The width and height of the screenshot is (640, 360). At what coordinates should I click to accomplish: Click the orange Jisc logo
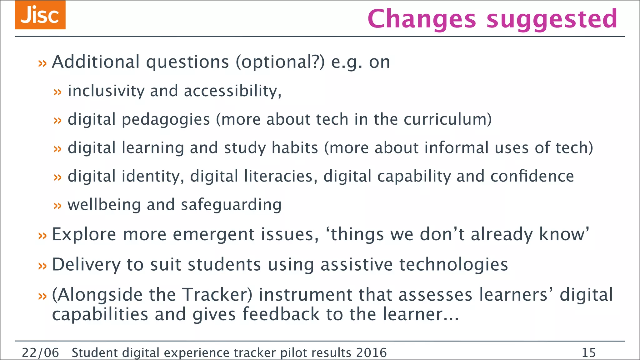click(40, 15)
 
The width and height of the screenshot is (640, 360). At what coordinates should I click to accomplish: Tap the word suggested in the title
click(552, 19)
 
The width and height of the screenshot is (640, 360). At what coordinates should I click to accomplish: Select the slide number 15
click(589, 353)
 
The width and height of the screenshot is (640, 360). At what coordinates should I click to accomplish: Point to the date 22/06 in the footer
click(40, 353)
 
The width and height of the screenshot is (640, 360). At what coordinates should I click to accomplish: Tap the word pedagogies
click(166, 120)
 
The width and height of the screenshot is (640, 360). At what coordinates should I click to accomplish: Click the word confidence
click(532, 176)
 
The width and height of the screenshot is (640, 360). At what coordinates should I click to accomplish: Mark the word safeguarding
click(231, 205)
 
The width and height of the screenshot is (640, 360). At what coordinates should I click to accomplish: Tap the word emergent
click(214, 234)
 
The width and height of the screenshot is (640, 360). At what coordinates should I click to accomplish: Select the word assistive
click(357, 264)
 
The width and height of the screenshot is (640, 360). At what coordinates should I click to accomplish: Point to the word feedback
click(281, 314)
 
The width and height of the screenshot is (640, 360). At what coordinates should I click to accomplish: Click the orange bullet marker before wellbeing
click(57, 206)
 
